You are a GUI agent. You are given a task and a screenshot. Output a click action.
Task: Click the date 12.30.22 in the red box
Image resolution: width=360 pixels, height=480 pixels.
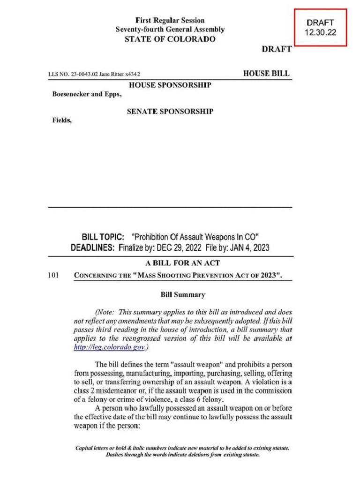click(320, 33)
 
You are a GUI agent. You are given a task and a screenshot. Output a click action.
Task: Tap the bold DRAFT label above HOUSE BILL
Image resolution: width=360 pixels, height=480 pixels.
click(277, 49)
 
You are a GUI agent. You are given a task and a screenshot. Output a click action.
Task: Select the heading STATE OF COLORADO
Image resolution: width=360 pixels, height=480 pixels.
click(170, 39)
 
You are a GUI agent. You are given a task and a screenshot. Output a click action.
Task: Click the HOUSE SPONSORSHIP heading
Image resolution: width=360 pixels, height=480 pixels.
click(170, 85)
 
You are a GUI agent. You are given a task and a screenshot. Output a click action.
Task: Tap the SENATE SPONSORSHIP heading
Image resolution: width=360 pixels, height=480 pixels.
click(170, 112)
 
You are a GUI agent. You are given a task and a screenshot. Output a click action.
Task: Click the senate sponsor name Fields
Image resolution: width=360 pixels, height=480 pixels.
click(61, 120)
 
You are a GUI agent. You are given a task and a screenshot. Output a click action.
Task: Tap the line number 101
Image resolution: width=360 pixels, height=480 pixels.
click(53, 275)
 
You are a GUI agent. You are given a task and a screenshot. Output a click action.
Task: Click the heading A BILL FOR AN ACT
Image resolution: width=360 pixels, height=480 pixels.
click(182, 263)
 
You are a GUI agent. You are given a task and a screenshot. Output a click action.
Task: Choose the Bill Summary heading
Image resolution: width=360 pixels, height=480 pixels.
click(182, 295)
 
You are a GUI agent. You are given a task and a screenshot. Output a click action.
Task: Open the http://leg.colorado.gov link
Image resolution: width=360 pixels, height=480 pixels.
click(109, 347)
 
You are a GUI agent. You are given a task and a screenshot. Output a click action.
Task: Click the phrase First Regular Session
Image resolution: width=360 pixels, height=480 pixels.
click(170, 20)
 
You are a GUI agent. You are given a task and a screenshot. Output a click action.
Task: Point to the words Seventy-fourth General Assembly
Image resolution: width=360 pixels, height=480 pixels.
click(170, 30)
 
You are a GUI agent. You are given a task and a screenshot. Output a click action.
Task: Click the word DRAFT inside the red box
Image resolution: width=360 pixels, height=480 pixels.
click(320, 22)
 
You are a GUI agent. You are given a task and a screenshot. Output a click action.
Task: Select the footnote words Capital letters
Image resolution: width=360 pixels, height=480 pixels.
click(93, 448)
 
